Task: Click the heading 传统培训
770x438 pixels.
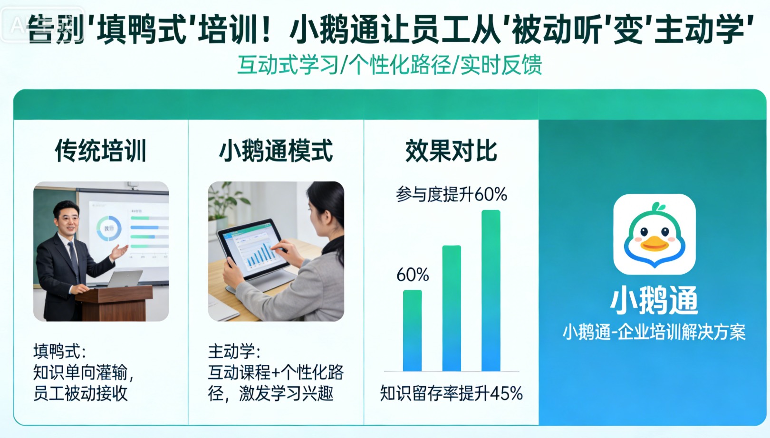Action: [x=101, y=151]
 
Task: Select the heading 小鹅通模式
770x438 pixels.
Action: [x=276, y=151]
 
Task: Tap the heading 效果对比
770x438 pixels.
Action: [x=451, y=151]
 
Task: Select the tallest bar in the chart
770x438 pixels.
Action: [x=491, y=290]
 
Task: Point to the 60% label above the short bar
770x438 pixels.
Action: [x=413, y=275]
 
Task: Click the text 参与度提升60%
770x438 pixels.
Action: [x=451, y=194]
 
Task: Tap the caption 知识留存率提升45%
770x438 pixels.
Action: [x=451, y=393]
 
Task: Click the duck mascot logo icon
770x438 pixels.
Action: [x=654, y=234]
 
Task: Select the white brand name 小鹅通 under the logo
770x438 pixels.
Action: [x=654, y=300]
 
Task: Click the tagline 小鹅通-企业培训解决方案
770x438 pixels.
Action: [x=654, y=332]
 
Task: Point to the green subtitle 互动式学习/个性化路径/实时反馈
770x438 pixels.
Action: [x=389, y=65]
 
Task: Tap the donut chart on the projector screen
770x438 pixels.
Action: [x=109, y=229]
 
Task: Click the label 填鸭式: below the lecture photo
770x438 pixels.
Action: [x=59, y=352]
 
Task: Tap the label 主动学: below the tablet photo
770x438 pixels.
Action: [x=234, y=352]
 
